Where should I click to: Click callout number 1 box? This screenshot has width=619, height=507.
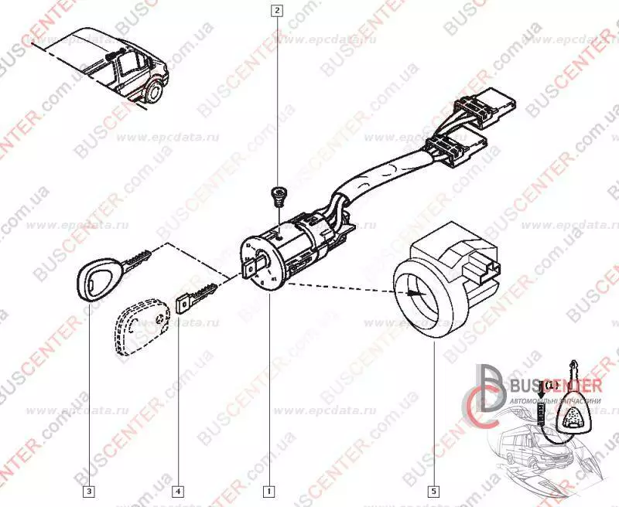pos(268,491)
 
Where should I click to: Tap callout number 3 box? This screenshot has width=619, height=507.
pos(90,491)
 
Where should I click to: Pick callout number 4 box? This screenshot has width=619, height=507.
pos(179,491)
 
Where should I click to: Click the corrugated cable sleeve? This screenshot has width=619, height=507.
pos(379,177)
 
